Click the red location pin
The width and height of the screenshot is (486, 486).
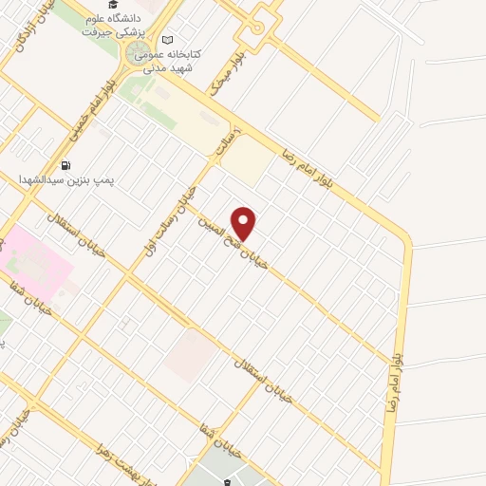pos(244,223)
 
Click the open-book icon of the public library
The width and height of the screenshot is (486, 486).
pos(168,40)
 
